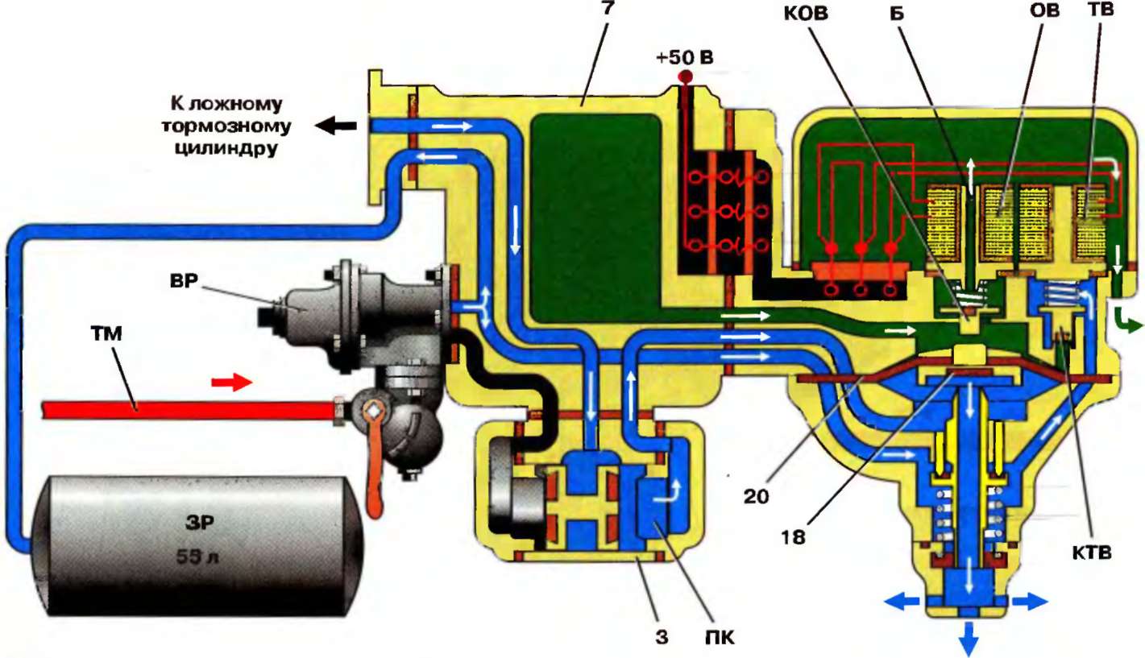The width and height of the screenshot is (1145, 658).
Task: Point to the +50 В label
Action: click(686, 58)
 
